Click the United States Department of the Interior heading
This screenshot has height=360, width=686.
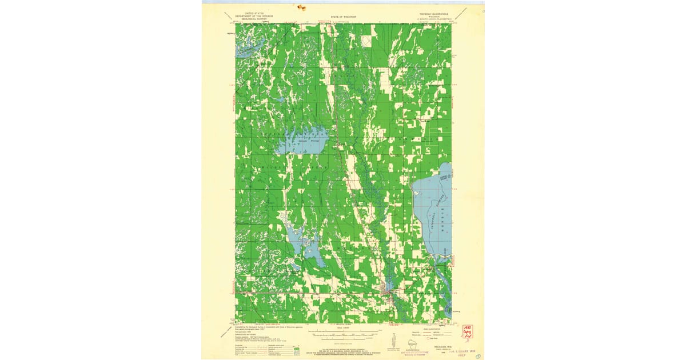point(254,14)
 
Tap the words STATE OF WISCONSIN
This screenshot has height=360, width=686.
point(343,17)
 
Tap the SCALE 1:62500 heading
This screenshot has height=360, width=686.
point(343,327)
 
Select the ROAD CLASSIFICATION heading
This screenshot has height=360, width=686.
point(424,330)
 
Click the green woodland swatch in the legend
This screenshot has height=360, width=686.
point(296,354)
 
